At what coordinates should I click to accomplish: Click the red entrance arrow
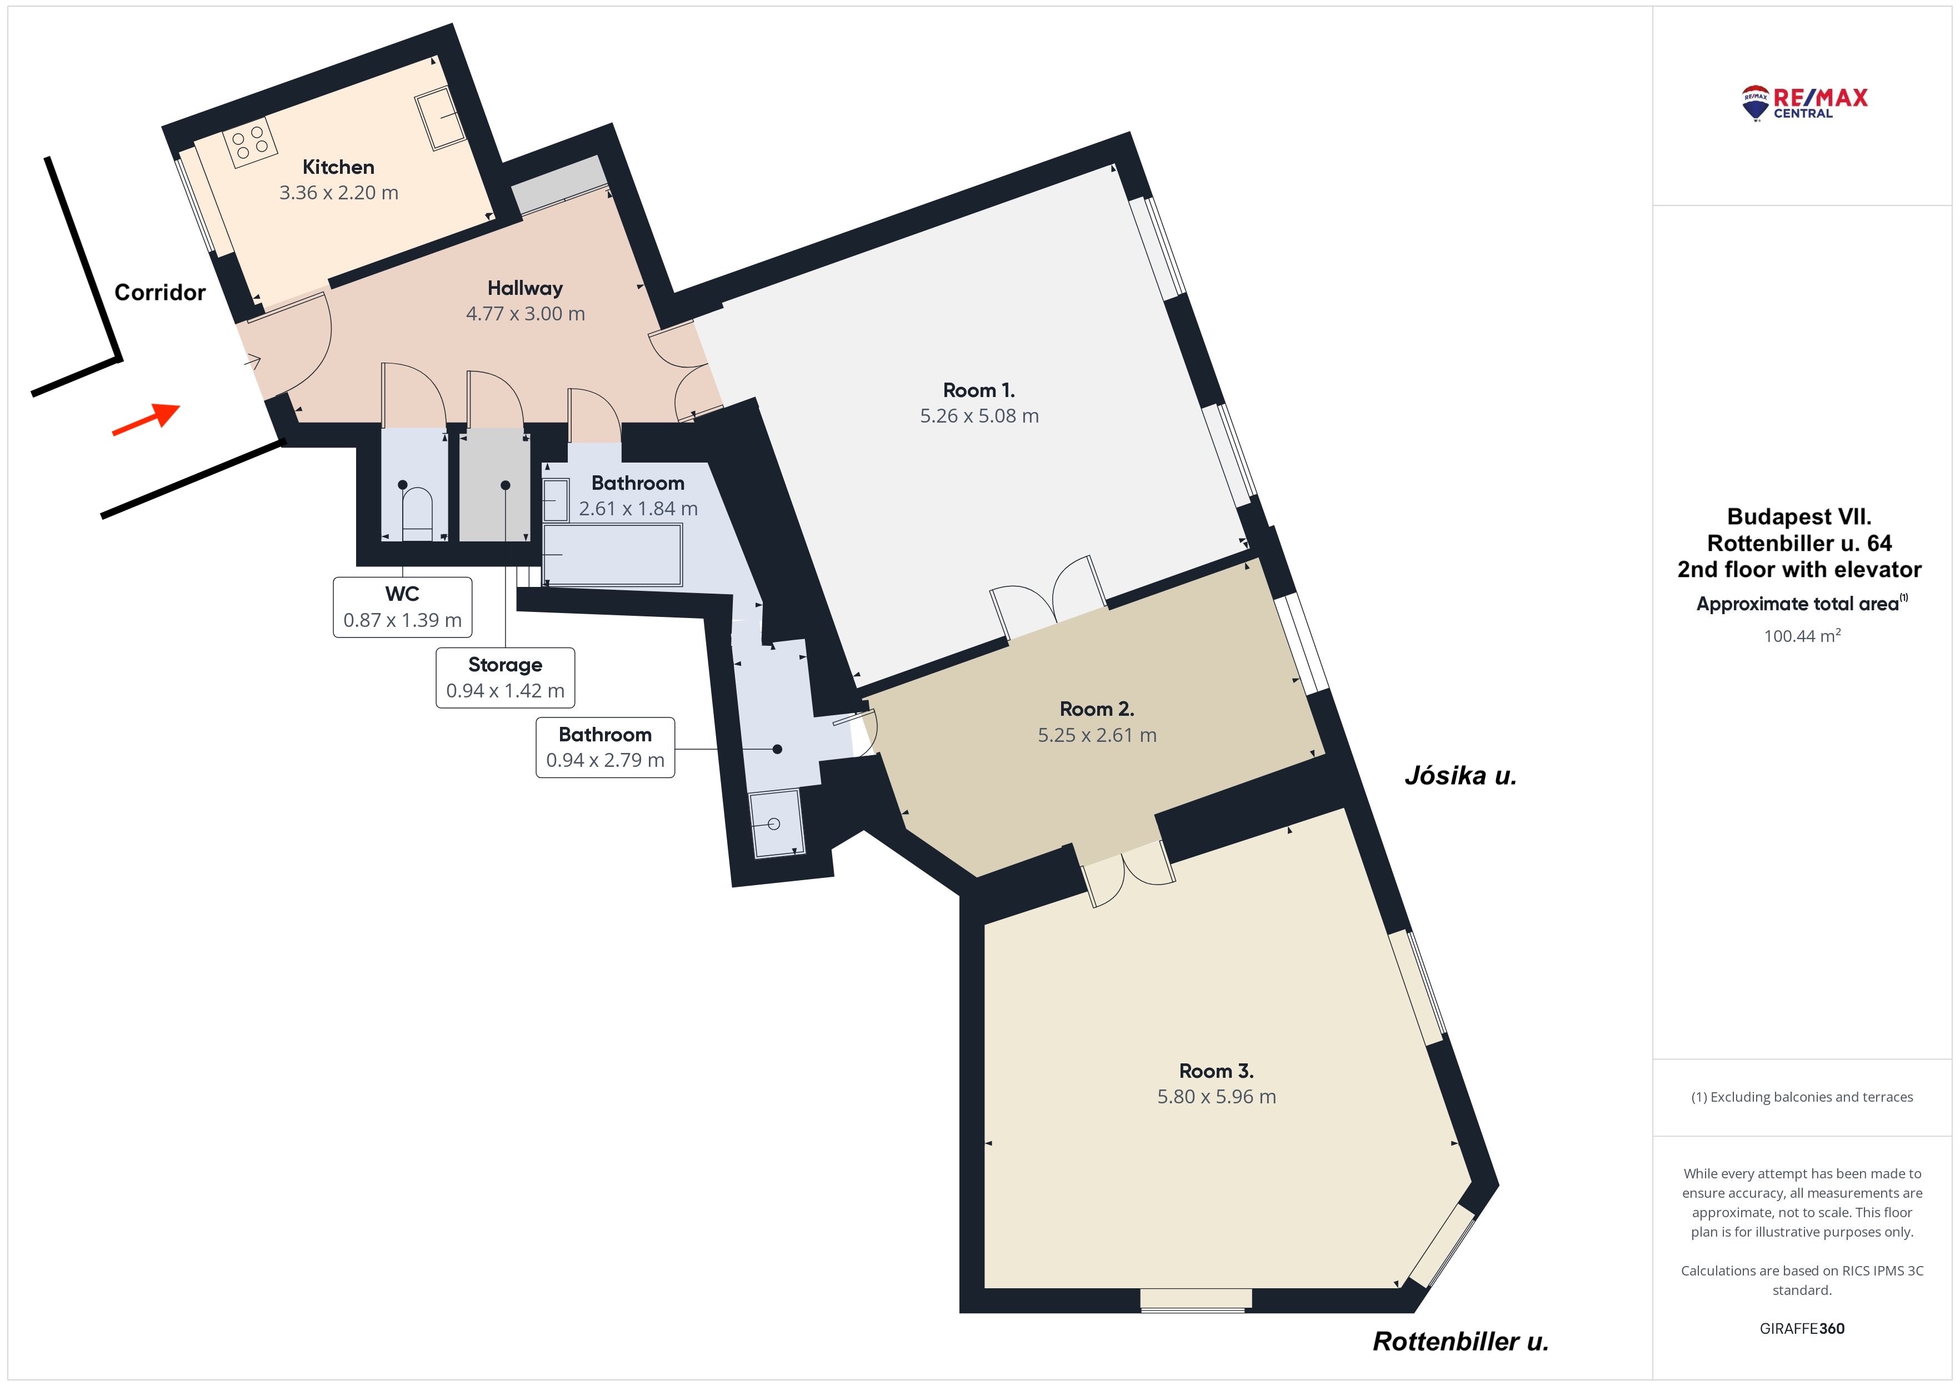146,419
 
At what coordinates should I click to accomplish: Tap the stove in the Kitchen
250,143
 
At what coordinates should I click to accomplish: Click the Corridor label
159,293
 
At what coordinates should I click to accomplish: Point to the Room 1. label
979,390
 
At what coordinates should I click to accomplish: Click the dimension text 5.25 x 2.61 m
1097,735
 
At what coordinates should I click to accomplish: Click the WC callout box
402,607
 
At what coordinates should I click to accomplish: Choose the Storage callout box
506,677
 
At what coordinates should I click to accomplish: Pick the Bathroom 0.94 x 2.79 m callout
605,747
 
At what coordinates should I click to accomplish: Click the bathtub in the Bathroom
613,555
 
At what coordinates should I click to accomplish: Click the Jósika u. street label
1461,776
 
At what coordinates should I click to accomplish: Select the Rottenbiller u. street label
1461,1342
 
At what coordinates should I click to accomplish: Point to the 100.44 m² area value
1802,636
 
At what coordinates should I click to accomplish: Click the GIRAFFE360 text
1802,1329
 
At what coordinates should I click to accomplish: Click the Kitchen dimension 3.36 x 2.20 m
339,193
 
